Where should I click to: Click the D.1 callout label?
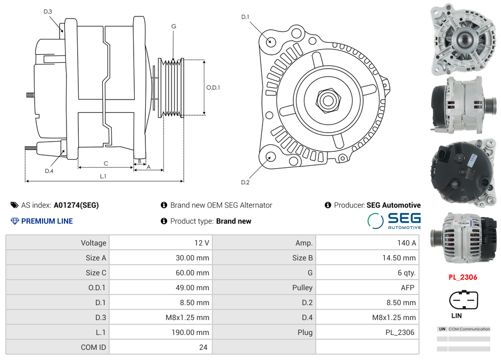[245, 17]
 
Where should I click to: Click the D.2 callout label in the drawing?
[245, 183]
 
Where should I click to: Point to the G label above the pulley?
[174, 26]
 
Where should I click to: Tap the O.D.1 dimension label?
[213, 87]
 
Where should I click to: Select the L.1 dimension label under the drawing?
[103, 176]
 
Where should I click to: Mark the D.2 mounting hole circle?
[270, 157]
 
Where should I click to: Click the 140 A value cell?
[367, 243]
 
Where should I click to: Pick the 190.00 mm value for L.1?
[160, 332]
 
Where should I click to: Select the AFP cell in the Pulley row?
[367, 288]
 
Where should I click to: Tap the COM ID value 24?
[160, 347]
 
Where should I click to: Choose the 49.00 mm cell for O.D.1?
[160, 288]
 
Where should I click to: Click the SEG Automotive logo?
[395, 220]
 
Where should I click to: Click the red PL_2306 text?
[462, 277]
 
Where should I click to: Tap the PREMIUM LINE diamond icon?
[14, 221]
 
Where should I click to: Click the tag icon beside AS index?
[14, 205]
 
